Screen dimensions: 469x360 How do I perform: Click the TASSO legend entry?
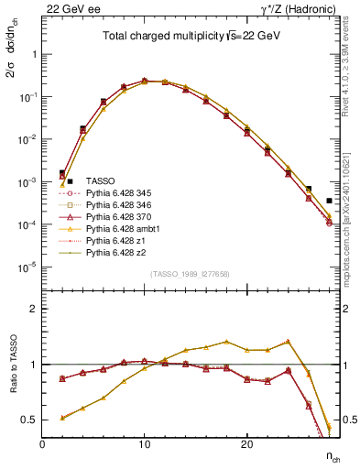(x=99, y=181)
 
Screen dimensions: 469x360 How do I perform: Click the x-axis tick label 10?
(x=145, y=444)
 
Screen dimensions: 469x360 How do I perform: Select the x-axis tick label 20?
(x=246, y=444)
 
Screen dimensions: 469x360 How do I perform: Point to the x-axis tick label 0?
(x=43, y=444)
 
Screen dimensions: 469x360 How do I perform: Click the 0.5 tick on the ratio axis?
(x=30, y=420)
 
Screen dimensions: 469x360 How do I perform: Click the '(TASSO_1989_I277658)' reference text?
(x=190, y=274)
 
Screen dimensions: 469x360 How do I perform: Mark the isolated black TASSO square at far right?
(x=329, y=200)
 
